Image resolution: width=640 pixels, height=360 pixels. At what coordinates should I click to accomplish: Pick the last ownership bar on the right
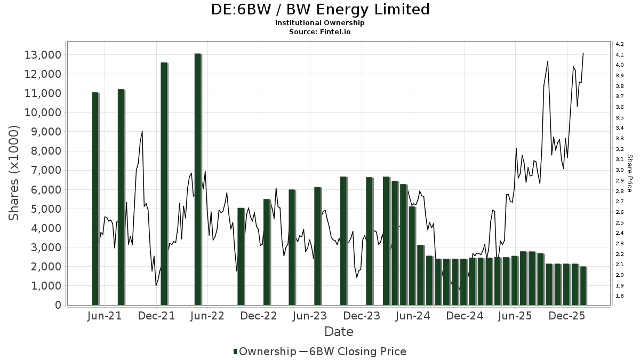click(583, 285)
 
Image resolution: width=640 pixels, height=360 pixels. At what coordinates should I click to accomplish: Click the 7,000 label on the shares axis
click(45, 170)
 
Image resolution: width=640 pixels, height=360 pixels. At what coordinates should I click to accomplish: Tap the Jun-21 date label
click(104, 316)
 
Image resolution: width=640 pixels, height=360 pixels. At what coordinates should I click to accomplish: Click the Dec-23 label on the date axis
click(362, 316)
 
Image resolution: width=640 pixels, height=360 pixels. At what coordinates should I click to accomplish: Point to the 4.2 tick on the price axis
click(620, 44)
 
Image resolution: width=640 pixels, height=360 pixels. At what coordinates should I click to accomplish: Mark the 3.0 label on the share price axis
click(620, 170)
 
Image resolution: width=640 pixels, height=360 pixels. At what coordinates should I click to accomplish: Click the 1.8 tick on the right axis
click(620, 296)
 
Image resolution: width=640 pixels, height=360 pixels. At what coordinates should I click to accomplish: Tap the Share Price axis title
click(629, 173)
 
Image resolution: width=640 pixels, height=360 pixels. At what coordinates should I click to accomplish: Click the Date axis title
click(339, 332)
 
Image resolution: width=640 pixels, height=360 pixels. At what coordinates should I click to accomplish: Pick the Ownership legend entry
click(264, 351)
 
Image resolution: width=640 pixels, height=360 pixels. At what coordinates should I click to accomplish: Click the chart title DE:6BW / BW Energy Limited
click(320, 10)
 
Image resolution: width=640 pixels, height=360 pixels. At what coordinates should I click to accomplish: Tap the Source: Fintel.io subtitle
click(320, 31)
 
